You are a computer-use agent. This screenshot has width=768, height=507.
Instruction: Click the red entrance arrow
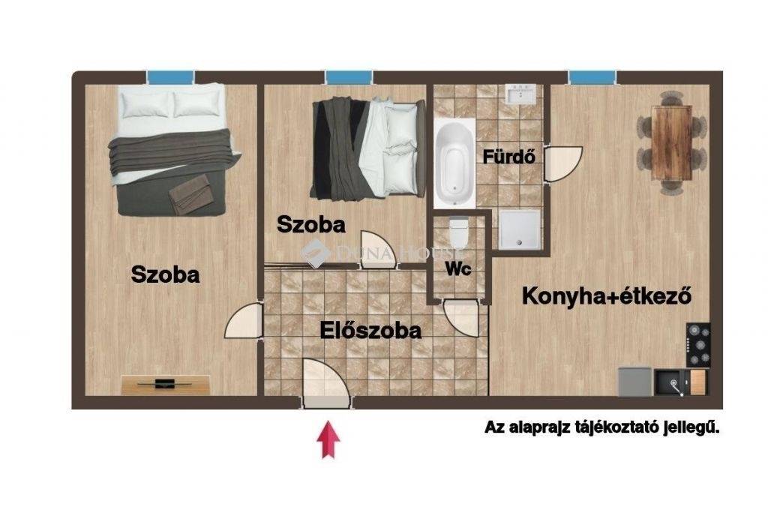click(328, 440)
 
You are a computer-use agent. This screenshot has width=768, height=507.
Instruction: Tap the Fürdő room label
click(509, 157)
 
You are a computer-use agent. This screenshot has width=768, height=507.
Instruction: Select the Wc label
click(458, 268)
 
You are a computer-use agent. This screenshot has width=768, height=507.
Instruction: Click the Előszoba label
click(370, 331)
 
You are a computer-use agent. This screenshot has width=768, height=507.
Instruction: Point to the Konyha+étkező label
click(606, 295)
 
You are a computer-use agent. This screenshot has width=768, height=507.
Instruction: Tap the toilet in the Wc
click(459, 232)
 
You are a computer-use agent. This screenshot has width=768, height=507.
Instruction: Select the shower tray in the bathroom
click(519, 229)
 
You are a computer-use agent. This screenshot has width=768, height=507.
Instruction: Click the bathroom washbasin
click(521, 94)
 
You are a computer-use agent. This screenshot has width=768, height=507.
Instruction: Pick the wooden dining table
click(671, 143)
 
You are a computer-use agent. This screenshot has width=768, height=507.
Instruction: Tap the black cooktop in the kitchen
click(698, 345)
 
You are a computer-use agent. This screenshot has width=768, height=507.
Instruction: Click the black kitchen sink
click(673, 382)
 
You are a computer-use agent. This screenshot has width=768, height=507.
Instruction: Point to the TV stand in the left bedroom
click(166, 385)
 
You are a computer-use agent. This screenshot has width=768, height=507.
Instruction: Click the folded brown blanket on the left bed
click(190, 194)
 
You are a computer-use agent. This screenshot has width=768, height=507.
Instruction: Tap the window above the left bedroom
click(170, 77)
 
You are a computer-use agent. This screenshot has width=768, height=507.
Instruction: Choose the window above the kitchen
click(592, 77)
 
